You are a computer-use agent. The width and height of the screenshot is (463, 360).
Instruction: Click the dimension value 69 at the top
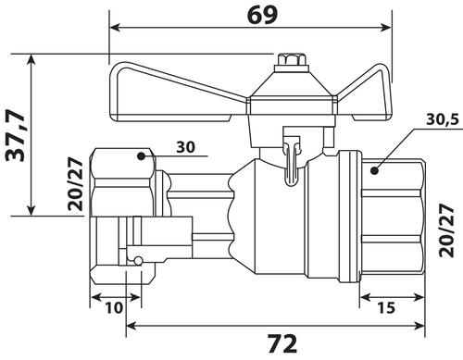262,15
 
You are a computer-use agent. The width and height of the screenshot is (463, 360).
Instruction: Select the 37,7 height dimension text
16,135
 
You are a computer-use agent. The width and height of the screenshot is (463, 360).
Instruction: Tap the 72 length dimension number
282,343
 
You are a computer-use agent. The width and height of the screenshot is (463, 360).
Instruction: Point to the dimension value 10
114,307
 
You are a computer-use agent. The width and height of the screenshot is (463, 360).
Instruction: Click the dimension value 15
386,307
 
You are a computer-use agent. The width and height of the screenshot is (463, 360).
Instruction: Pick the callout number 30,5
443,119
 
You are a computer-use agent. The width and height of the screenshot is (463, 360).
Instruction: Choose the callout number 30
185,147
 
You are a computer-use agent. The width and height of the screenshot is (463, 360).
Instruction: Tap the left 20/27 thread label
76,184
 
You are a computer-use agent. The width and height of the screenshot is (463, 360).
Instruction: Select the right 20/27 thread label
446,230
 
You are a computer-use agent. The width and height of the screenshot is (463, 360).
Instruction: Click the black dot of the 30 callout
141,156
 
